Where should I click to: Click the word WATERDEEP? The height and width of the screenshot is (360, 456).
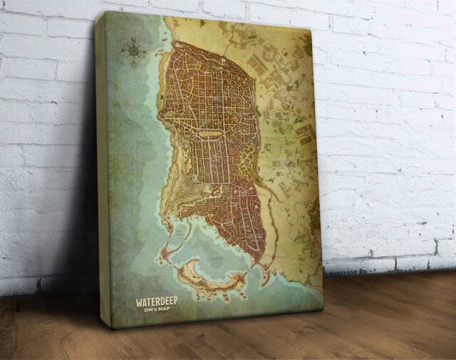click(x=157, y=302)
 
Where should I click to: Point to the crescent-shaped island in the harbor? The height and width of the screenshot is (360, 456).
click(x=207, y=279)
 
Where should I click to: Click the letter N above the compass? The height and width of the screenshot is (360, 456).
click(x=133, y=39)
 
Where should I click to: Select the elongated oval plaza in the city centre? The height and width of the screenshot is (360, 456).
click(x=210, y=133)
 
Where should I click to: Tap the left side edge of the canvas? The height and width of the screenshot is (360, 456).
click(x=101, y=171)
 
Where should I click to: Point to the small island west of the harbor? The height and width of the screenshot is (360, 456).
click(x=169, y=251)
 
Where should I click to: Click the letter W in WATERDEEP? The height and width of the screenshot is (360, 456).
click(x=140, y=302)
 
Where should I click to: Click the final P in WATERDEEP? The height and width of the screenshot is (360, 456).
click(x=175, y=302)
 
